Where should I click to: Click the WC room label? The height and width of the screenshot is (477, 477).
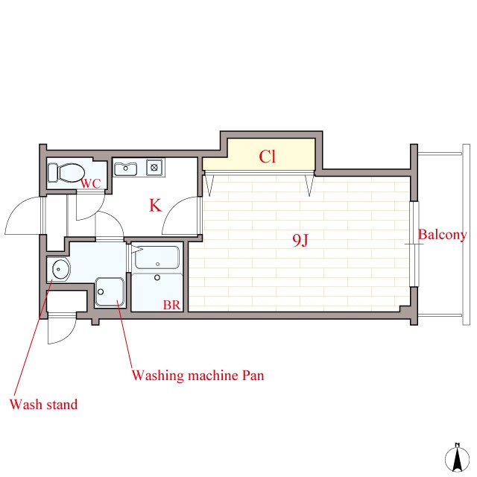click(x=91, y=184)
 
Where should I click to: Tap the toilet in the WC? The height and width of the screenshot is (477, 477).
click(x=66, y=173)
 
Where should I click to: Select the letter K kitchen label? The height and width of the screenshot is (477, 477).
click(x=155, y=205)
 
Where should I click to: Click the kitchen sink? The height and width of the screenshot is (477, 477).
click(x=125, y=169)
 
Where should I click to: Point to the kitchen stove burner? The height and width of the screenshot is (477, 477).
click(x=154, y=167)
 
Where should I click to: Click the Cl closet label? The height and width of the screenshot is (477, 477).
click(x=267, y=157)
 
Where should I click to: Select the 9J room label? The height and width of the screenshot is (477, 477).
click(x=300, y=240)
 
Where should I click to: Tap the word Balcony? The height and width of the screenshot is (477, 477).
click(x=442, y=235)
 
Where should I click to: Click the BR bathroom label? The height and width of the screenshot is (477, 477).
click(x=171, y=305)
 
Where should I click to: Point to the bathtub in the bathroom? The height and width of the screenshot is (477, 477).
click(x=157, y=257)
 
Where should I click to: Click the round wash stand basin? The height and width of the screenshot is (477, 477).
click(x=61, y=269)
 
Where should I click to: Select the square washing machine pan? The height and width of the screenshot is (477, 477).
click(x=110, y=292)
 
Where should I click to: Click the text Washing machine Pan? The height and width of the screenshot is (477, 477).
click(x=198, y=376)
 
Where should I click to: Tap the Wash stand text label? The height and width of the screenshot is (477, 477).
click(x=43, y=404)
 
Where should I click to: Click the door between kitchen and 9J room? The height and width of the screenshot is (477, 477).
click(x=181, y=215)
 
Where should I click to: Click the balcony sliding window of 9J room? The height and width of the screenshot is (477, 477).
click(x=414, y=244)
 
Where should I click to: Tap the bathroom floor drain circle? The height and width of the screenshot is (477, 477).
click(x=157, y=277)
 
